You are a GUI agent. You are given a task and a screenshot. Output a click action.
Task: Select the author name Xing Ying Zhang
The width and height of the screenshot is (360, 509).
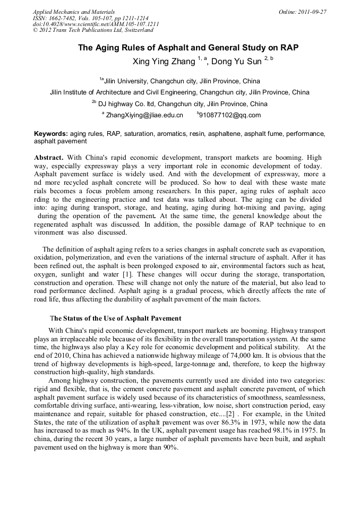[164, 62]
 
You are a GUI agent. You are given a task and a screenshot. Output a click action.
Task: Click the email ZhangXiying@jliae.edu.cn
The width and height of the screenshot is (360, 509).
[144, 115]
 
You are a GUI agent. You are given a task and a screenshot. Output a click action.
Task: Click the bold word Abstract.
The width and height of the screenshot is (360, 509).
[49, 158]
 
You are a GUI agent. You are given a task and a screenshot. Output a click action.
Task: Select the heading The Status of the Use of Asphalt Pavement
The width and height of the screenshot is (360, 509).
[116, 318]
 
